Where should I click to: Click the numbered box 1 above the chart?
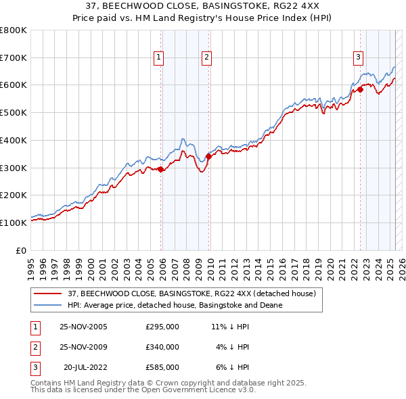click(158, 58)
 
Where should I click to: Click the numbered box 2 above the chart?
click(206, 58)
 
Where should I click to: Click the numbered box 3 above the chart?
click(357, 58)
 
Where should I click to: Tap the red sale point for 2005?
click(160, 170)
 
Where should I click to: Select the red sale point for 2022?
click(360, 89)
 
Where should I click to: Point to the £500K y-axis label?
click(14, 113)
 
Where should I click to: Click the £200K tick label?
click(14, 195)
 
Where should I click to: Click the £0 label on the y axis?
click(22, 250)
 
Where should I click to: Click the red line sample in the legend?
click(47, 294)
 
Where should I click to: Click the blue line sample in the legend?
click(47, 305)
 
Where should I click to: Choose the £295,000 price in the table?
click(162, 327)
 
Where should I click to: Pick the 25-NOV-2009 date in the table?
click(83, 347)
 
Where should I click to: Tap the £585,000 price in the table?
click(162, 367)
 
